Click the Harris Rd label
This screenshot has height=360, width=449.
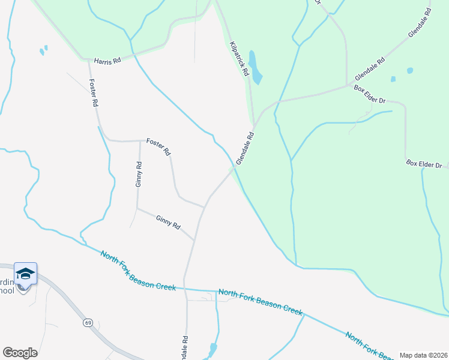pos(108,61)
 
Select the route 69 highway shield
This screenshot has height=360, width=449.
pos(88,323)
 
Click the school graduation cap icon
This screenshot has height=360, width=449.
pos(25,274)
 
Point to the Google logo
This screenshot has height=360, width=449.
pos(20,353)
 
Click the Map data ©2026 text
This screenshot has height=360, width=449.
pos(423,355)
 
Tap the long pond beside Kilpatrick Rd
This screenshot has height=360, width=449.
pos(255,67)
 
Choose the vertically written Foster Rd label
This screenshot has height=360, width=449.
pos(93,93)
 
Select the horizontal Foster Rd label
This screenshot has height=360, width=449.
pos(158,147)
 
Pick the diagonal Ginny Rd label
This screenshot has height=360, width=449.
pos(168,223)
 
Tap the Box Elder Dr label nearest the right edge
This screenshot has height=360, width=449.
pos(424,164)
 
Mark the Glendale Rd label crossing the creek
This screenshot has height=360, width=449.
pos(246,149)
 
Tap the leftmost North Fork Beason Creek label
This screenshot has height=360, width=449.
pos(138,271)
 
